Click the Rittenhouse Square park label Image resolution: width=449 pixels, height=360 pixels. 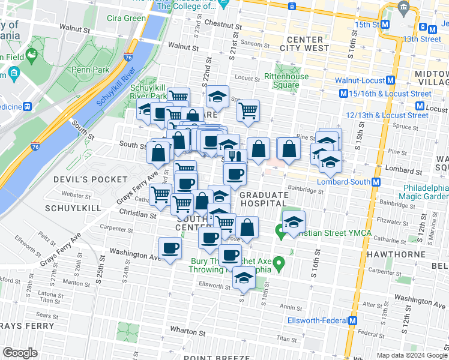coord(287,80)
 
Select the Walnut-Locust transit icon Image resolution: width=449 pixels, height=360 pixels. coord(391,80)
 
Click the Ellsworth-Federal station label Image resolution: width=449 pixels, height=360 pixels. coord(314,320)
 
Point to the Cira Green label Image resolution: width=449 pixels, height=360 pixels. coord(126,18)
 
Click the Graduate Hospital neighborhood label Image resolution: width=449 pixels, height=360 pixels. coord(264,199)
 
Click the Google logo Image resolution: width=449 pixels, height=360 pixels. coord(20,353)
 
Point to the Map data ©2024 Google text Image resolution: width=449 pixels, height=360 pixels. coord(412,355)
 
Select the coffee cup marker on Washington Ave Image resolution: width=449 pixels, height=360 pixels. coord(170,248)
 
